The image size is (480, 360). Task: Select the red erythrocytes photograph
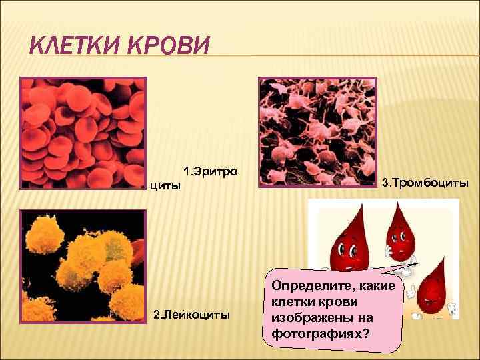[x=83, y=133]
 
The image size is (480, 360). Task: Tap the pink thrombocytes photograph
[x=317, y=134]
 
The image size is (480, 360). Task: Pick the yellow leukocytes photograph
[x=83, y=267]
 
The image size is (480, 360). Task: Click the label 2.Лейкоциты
[x=192, y=313]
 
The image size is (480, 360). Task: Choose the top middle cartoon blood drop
[x=401, y=233]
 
